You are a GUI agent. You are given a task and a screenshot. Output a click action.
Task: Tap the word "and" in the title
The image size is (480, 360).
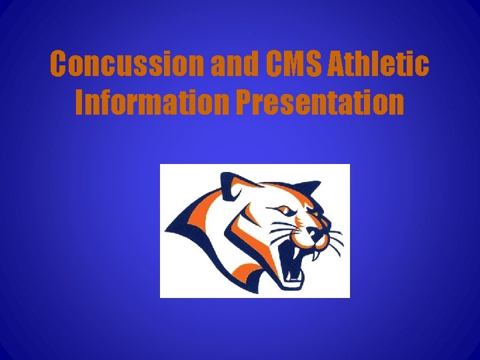tap(237, 65)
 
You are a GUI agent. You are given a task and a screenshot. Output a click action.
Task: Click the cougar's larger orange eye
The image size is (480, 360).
tap(285, 211)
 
